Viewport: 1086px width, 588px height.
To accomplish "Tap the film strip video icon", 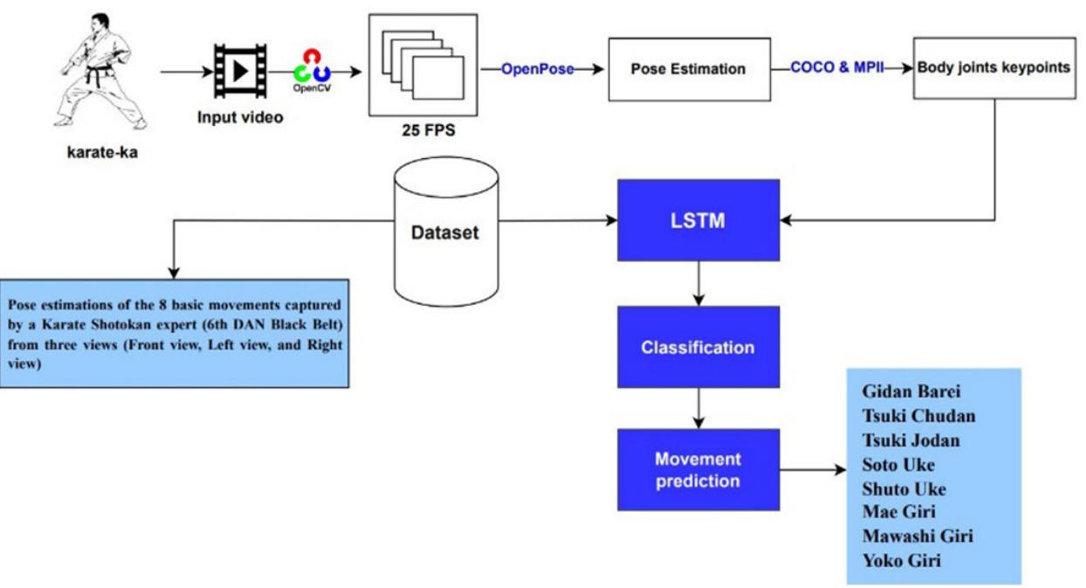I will (x=237, y=71).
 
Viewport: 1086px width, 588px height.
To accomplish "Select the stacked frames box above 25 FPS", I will (x=423, y=67).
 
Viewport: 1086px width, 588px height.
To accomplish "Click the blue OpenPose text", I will (x=537, y=69).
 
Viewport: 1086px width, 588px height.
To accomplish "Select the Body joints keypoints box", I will (x=993, y=67).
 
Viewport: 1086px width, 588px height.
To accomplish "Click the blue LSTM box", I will (x=698, y=220).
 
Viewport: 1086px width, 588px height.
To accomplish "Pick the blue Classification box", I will (x=698, y=347).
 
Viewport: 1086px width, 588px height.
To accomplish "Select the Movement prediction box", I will (x=698, y=470).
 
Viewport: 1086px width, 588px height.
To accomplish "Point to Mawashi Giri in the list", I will (x=917, y=536).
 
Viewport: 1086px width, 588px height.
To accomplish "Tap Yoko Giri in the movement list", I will (x=901, y=560).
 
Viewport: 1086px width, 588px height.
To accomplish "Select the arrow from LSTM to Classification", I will (x=698, y=283).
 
